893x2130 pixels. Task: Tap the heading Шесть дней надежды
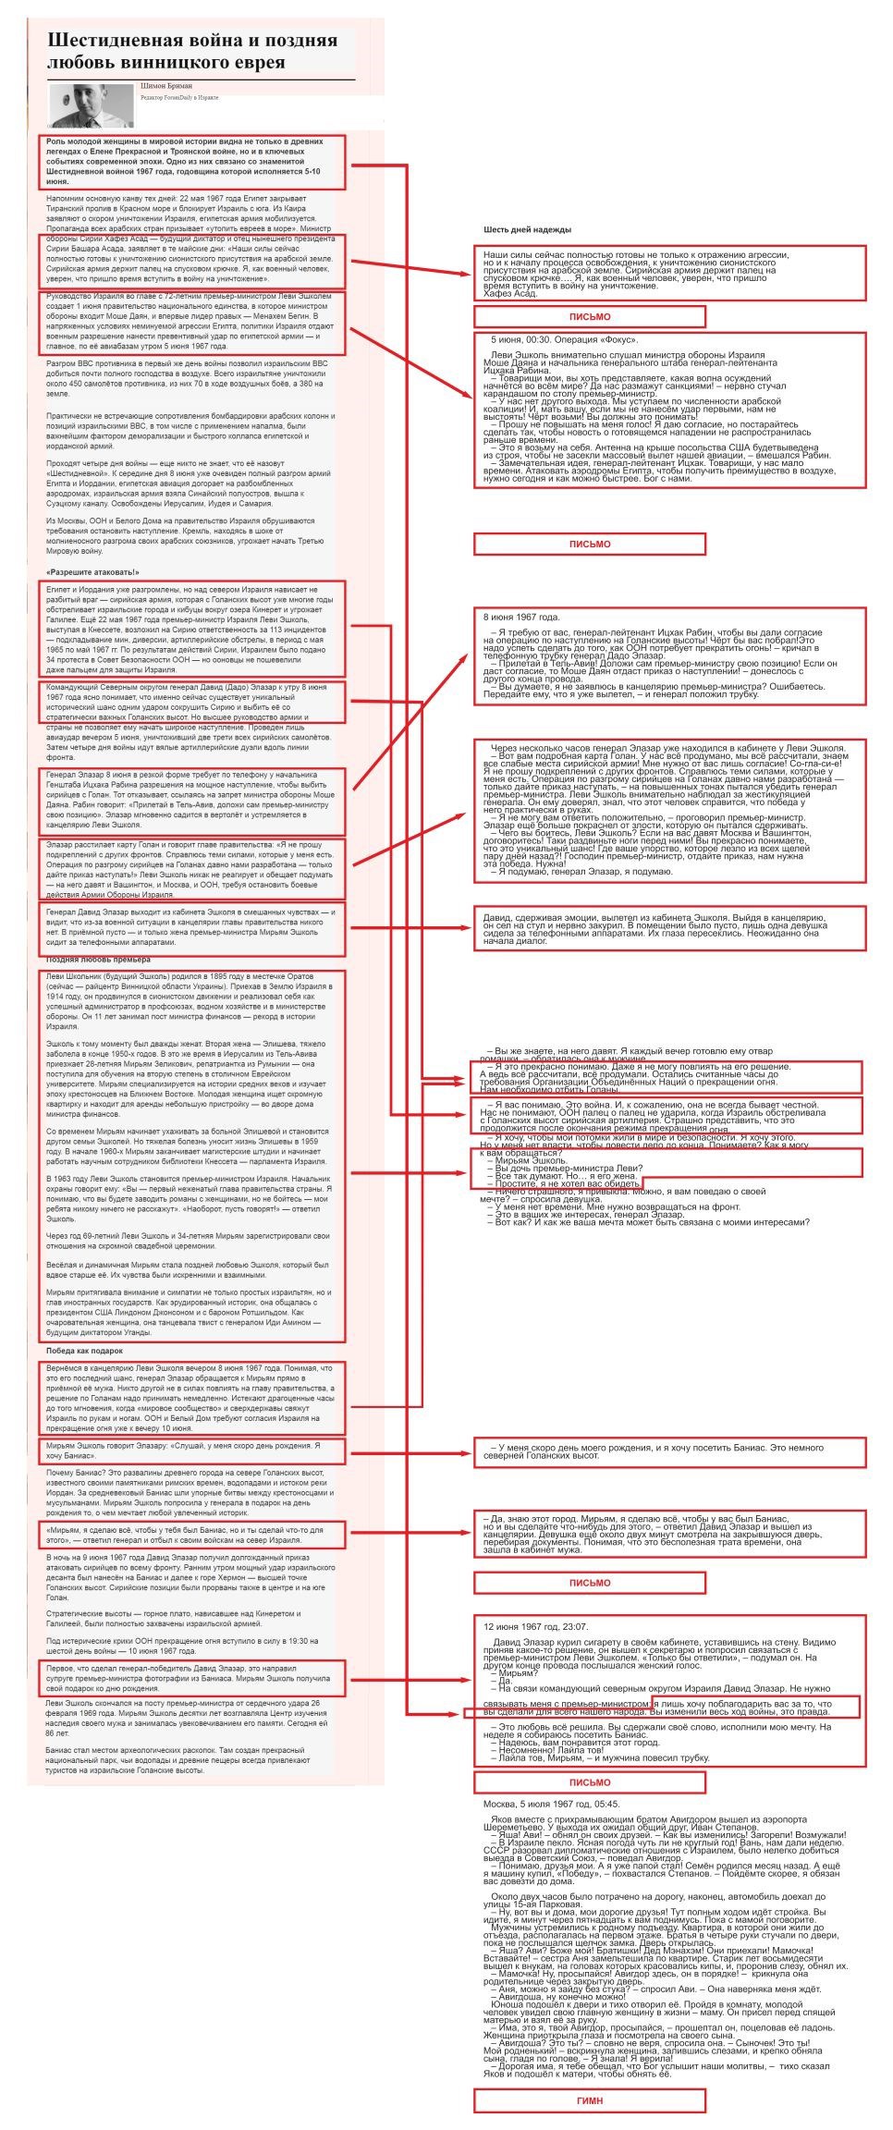[x=527, y=229]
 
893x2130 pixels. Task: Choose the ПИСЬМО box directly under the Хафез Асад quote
[x=589, y=317]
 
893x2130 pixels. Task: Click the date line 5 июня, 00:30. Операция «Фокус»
[x=564, y=340]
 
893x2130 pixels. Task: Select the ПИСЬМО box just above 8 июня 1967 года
[x=589, y=545]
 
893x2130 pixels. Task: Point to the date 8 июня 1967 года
[x=521, y=617]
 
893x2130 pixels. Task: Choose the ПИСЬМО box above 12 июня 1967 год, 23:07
[x=589, y=1583]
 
